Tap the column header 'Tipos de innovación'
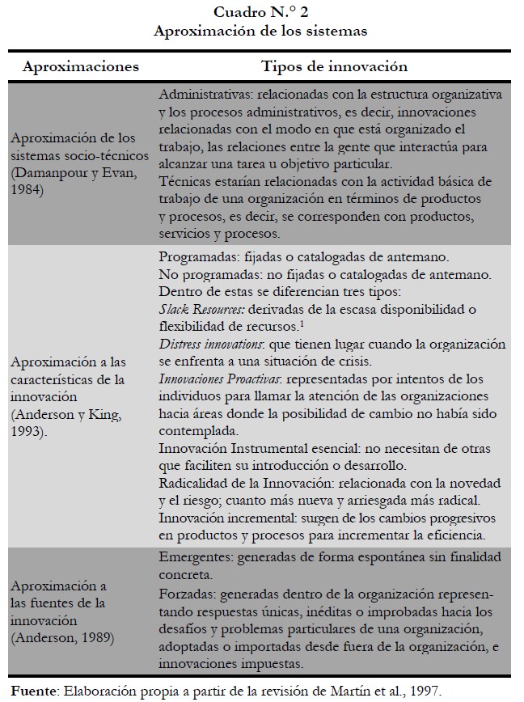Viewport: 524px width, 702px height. tap(334, 66)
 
